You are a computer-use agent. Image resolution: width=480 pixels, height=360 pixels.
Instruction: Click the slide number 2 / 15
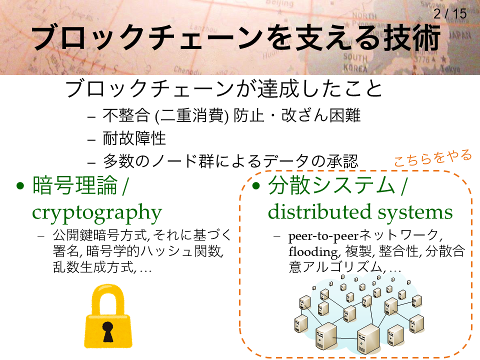449,13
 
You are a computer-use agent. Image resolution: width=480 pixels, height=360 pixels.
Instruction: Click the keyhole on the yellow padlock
108,331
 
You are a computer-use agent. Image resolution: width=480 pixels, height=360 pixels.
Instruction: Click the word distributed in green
320,211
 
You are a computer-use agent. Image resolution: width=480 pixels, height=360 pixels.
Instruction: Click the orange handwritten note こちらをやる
432,157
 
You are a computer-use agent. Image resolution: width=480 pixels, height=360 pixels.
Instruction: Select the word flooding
314,252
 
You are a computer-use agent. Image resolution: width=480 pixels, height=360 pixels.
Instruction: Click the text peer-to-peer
323,236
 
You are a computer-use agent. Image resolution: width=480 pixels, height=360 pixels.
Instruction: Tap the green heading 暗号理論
74,185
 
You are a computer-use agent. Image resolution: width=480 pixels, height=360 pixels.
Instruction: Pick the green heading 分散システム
331,185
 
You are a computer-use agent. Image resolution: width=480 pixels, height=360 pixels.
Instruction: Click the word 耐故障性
134,138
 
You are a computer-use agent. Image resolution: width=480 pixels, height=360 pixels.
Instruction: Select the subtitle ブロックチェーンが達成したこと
224,89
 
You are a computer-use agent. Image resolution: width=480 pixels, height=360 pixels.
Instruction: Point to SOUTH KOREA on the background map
355,62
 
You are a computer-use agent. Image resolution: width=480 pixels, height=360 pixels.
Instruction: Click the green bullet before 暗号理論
20,186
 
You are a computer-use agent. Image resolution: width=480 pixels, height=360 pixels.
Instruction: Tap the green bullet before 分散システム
256,185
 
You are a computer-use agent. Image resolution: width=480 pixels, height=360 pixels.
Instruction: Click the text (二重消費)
191,115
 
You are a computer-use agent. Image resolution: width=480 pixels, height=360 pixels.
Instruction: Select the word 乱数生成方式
93,267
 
